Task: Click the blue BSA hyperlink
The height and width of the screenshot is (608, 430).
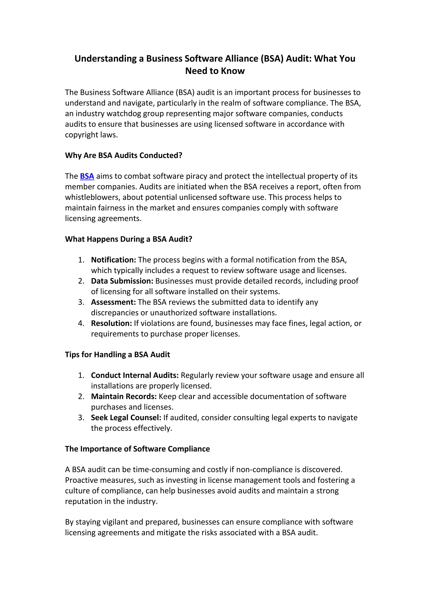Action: click(x=87, y=176)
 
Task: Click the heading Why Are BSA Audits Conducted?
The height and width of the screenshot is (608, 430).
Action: click(x=124, y=155)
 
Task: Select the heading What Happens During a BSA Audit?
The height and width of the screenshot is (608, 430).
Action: click(x=128, y=239)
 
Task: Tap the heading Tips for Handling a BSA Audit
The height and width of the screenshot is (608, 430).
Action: click(x=117, y=355)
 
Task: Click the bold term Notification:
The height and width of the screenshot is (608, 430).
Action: click(x=113, y=260)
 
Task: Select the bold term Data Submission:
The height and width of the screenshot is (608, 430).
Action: click(x=122, y=281)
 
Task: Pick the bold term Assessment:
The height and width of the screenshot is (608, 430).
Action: click(x=113, y=302)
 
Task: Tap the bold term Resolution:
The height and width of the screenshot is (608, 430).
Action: click(x=111, y=323)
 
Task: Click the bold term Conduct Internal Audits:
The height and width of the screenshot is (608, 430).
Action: click(x=135, y=375)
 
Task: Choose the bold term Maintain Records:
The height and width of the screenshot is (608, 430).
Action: click(x=124, y=396)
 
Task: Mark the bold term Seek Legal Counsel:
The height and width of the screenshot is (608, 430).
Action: click(x=126, y=418)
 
